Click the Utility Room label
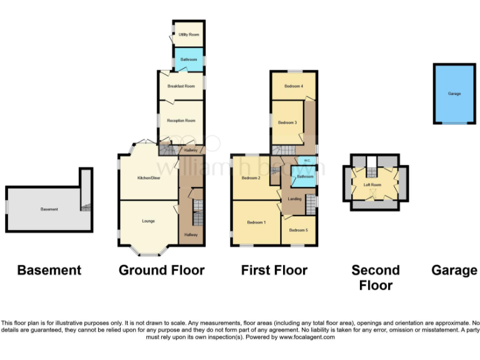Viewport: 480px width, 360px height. point(189,34)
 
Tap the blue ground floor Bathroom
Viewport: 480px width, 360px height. point(189,59)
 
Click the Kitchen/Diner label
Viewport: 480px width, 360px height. point(149,178)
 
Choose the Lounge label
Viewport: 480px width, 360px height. point(148,221)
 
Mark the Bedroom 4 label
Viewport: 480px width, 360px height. point(294,86)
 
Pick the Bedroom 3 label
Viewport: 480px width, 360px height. point(287,122)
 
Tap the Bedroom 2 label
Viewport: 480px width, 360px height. point(251,178)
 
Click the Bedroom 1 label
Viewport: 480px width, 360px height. point(256,222)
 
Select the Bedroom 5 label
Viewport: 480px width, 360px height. point(299,231)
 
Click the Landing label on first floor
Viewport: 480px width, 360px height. point(294,199)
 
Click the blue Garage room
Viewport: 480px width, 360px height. point(454,94)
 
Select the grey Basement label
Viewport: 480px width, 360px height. point(49,209)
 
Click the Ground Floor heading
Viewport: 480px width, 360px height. point(161,270)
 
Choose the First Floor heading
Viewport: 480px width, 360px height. point(274,270)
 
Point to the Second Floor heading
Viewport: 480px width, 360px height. point(375,277)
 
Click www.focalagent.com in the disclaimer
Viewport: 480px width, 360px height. point(307,337)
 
